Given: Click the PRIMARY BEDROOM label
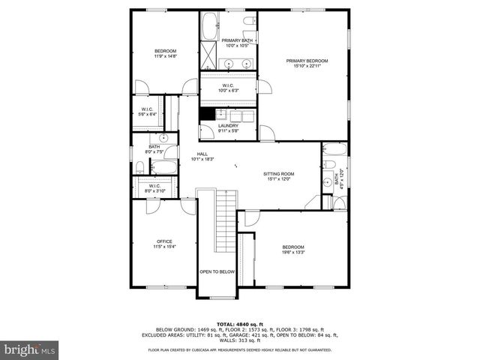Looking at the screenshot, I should (x=307, y=61).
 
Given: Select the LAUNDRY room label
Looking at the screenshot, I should (x=228, y=126).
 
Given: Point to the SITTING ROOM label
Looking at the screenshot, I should (x=278, y=173).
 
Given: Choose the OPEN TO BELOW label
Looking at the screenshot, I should (x=217, y=271).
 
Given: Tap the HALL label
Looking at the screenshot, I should (x=202, y=154).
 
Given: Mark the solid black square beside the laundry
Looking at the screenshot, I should (x=207, y=115).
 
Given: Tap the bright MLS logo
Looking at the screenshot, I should (x=30, y=349).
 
